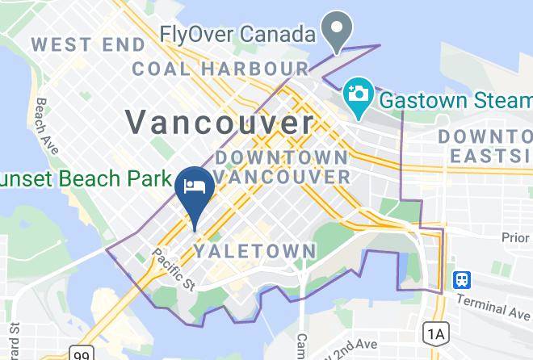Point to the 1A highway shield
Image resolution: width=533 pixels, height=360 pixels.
coord(436,333)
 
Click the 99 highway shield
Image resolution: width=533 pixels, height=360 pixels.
coord(80,353)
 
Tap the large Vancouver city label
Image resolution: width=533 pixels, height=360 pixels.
coord(220,123)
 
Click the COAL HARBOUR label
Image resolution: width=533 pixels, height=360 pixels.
coord(220,69)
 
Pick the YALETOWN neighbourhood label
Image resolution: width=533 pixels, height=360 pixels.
coord(255,252)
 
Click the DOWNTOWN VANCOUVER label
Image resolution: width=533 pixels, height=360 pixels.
coord(282,165)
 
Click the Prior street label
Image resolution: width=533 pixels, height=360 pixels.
coord(514,237)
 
